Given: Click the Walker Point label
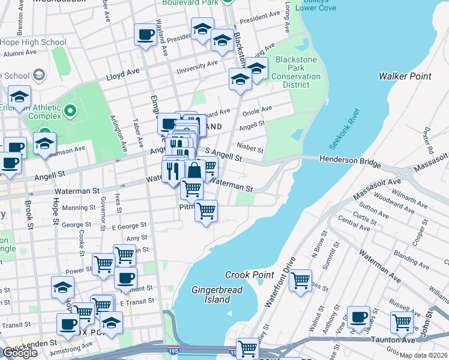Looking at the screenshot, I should coord(402,76).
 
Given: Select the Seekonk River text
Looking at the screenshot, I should coord(344,129).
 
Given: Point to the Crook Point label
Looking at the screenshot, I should coord(246,275).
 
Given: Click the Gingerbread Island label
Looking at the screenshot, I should coord(211,295).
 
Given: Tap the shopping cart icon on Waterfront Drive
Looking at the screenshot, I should coord(300,280).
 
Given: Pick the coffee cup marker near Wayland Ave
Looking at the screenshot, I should coord(145,35).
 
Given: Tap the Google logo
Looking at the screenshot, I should coord(20,353).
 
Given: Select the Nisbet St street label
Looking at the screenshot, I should coord(250,148).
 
